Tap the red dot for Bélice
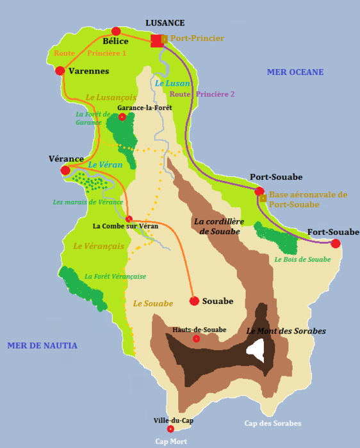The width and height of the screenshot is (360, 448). tap(116, 31)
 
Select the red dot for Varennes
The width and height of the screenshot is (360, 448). tap(60, 71)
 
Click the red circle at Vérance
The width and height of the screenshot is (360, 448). tap(65, 170)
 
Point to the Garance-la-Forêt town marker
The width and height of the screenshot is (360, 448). tap(122, 117)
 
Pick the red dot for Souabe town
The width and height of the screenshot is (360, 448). tap(194, 301)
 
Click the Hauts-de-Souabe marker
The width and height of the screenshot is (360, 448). tap(196, 339)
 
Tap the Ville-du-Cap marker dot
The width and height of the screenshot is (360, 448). tap(170, 429)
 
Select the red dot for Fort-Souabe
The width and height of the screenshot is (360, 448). tap(336, 243)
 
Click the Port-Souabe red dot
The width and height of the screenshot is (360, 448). tap(259, 191)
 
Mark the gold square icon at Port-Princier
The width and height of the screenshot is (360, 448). tap(165, 39)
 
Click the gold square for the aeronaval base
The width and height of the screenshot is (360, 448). tap(263, 198)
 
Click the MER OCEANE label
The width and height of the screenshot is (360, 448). tap(295, 72)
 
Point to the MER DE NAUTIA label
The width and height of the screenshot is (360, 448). tap(42, 346)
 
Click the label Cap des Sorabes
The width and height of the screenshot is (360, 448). tap(273, 423)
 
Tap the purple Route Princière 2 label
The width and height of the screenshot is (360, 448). tap(202, 94)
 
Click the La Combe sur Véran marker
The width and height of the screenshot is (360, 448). tap(129, 219)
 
